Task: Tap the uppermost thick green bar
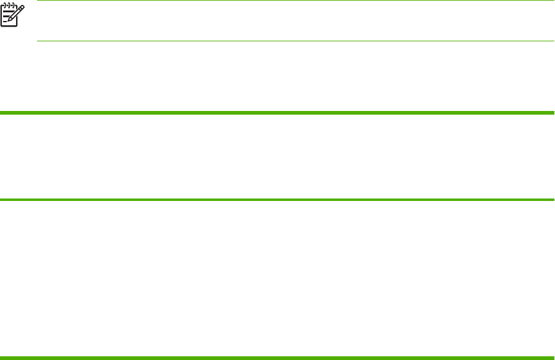[x=277, y=113]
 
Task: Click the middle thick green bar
[x=277, y=200]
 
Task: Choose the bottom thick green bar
[x=277, y=357]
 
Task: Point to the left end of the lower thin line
[x=38, y=41]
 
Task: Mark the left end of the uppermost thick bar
[x=2, y=113]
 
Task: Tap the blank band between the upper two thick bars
[x=277, y=157]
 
